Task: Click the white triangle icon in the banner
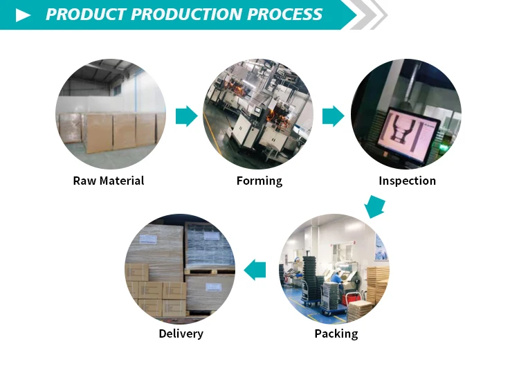point(23,15)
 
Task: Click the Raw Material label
point(109,181)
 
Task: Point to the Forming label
point(259,181)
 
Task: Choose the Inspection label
point(407,181)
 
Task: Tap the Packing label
point(336,333)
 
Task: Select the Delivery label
point(181,333)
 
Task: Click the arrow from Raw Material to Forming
point(186,116)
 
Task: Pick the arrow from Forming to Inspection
point(334,116)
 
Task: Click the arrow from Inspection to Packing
point(374,206)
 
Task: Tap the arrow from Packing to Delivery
point(256,269)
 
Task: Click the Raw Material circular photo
point(111,114)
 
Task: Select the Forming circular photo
point(258,114)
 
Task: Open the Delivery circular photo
point(180,268)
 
